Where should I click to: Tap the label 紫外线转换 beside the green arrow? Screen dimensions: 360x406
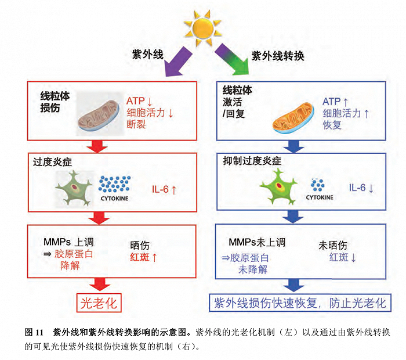click(278, 56)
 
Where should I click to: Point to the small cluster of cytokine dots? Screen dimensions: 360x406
click(318, 185)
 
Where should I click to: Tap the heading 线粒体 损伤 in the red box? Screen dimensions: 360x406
click(55, 102)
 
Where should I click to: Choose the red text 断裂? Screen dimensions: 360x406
click(138, 123)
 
